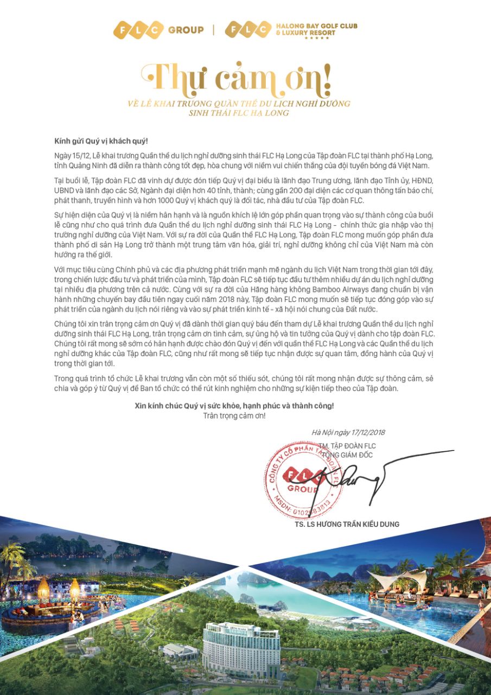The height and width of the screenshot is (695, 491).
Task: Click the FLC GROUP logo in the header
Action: pos(158,30)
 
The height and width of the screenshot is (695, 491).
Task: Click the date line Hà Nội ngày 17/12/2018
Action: pos(348,433)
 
